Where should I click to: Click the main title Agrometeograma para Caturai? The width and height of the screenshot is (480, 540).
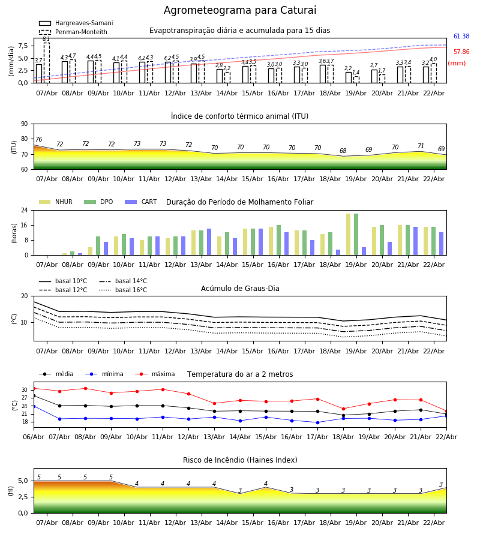pos(240,11)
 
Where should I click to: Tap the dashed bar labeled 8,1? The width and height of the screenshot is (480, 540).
pos(46,62)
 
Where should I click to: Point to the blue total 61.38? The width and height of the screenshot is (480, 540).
pos(461,37)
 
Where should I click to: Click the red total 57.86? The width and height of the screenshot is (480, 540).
pos(461,52)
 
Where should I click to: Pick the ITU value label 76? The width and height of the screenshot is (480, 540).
pos(38,140)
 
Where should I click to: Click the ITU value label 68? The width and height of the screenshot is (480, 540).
pos(343,151)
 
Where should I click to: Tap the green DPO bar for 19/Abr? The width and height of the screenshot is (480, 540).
pos(356,234)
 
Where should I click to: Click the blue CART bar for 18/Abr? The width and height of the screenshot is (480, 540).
pos(338,252)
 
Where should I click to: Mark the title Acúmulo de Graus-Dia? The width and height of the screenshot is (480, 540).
pos(240,289)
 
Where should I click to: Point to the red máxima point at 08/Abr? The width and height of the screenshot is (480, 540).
pos(85,388)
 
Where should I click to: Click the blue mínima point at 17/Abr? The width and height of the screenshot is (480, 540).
pos(317,422)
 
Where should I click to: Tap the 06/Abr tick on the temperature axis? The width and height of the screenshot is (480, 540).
pos(34,436)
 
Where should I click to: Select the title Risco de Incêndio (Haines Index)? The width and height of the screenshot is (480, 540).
pos(240,460)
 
